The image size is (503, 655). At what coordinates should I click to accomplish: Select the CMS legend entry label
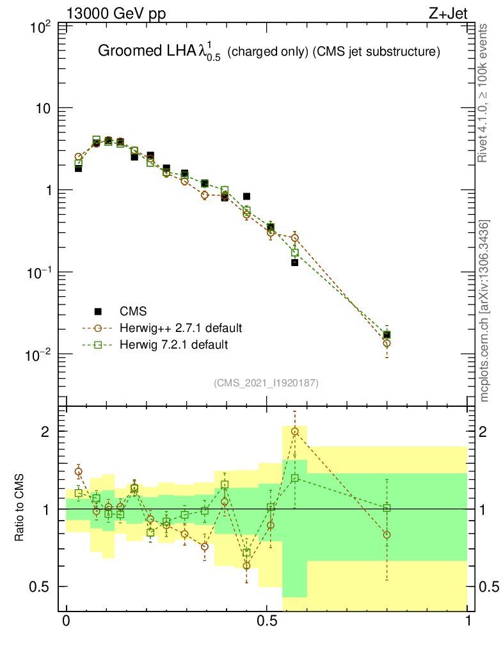(x=133, y=312)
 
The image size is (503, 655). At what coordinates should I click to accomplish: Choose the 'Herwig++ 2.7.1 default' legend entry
(x=180, y=329)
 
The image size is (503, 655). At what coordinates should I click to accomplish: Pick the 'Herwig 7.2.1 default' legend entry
(x=174, y=345)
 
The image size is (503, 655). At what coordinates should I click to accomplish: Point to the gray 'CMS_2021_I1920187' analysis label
(x=266, y=383)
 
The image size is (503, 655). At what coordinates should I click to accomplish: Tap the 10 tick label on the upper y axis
(x=42, y=108)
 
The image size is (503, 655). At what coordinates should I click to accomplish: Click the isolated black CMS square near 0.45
(x=246, y=196)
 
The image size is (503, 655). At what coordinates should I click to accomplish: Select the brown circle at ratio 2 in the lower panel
(x=295, y=432)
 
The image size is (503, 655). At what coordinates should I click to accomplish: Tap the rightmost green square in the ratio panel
(x=387, y=508)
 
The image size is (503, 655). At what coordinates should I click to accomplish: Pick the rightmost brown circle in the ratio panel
(x=387, y=535)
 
